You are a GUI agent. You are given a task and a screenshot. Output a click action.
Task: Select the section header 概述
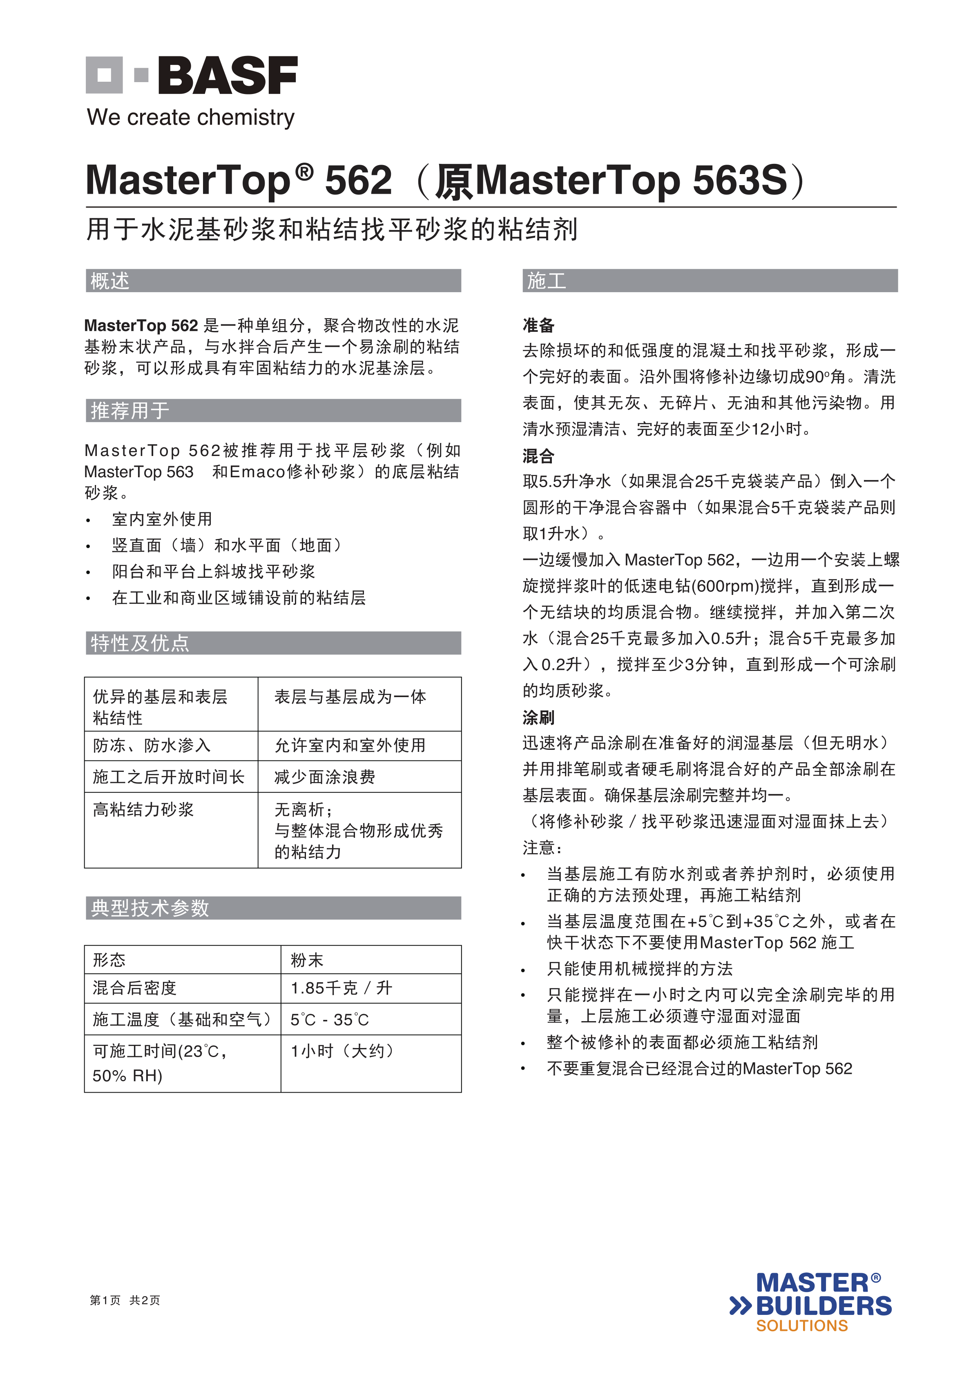click(x=110, y=281)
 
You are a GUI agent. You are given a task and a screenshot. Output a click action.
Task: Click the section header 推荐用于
click(x=129, y=411)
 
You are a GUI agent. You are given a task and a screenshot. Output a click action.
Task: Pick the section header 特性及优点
click(x=140, y=643)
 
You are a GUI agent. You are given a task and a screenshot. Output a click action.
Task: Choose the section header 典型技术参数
click(x=150, y=908)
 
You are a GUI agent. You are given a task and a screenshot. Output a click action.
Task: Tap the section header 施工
click(x=546, y=281)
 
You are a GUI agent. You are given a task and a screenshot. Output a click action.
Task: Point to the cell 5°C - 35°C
click(x=329, y=1019)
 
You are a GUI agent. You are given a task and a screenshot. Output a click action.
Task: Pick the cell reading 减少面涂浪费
click(x=325, y=777)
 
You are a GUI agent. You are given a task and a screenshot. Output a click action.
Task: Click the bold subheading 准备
click(x=538, y=326)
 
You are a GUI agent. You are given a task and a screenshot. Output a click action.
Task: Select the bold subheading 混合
click(x=538, y=456)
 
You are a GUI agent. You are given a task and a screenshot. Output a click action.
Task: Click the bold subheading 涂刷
click(x=538, y=717)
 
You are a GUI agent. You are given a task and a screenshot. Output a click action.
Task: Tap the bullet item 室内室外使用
click(x=162, y=519)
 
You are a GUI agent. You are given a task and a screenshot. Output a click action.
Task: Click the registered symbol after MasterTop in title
click(x=305, y=172)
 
